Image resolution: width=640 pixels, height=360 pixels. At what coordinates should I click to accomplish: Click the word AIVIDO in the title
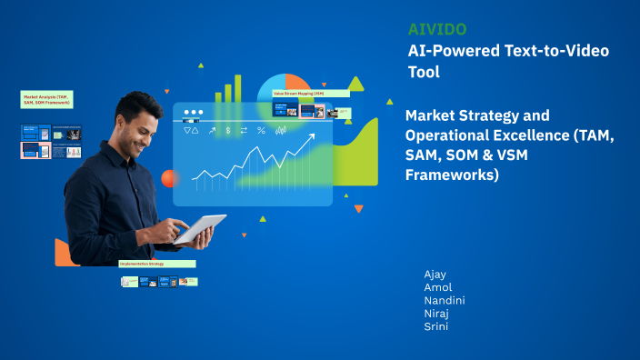pos(438,29)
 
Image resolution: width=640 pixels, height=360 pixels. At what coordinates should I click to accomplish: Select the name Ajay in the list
pos(435,274)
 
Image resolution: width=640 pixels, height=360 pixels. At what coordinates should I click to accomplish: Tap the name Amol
pos(437,287)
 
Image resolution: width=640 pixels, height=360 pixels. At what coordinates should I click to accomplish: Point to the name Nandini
pos(445,300)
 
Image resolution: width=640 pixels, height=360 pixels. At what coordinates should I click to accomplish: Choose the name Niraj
pos(437,314)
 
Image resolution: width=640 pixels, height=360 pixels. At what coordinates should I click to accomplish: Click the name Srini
pos(436,326)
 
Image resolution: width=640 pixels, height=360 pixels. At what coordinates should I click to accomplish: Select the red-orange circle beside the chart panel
pos(168,178)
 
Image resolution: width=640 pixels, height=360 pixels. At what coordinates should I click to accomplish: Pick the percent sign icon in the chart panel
pos(261,131)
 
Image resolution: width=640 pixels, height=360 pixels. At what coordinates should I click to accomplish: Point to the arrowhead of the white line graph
pos(313,137)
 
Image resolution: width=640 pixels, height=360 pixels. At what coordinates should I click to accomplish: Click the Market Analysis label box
pos(46,98)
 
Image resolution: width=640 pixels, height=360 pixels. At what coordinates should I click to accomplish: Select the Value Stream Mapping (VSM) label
pos(311,94)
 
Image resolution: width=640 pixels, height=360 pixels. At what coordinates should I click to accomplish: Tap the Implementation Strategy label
pos(156,264)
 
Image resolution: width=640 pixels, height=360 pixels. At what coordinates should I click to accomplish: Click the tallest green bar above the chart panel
pos(239,88)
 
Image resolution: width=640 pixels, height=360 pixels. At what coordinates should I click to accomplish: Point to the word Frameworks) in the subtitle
pos(453,175)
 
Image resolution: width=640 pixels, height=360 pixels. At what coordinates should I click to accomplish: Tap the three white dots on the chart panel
pos(194,113)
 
